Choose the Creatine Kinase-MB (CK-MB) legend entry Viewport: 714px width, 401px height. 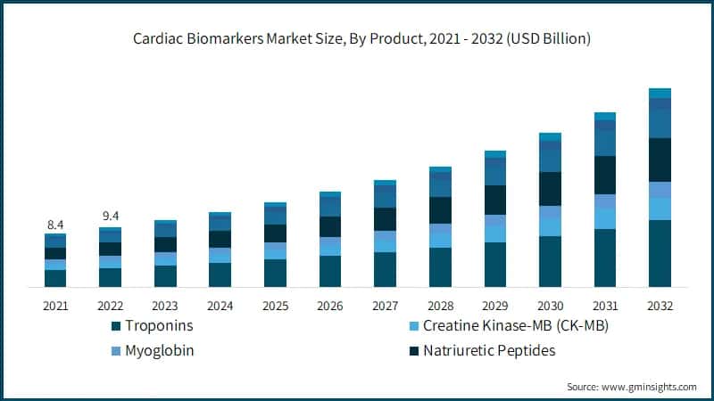(515, 327)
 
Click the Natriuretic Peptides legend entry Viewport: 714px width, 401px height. (489, 350)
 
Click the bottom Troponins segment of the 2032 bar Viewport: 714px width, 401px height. (660, 254)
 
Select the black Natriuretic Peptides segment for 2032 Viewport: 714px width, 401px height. (660, 160)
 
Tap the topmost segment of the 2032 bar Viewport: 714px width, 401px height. (660, 93)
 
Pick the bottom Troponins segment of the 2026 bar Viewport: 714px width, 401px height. (330, 272)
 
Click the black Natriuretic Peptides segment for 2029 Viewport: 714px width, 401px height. (495, 200)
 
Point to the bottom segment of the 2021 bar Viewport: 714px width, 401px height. (55, 278)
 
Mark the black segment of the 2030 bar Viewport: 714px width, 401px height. (550, 189)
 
